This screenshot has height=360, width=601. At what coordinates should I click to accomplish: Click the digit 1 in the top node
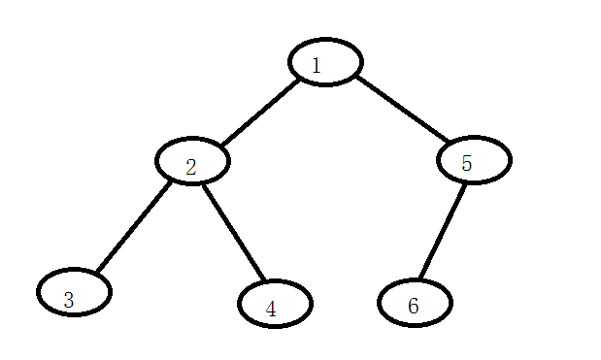[x=317, y=65]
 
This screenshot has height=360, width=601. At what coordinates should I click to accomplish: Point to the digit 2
[x=191, y=167]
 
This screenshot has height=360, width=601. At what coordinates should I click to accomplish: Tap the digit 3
[x=69, y=300]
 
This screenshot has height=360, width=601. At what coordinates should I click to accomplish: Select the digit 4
[x=271, y=309]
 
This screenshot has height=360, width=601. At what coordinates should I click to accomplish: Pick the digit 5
[x=466, y=164]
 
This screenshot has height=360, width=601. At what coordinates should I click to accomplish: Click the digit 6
[x=414, y=306]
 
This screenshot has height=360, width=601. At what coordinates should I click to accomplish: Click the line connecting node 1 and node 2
[x=260, y=113]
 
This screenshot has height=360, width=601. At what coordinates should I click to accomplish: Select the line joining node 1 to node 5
[x=402, y=109]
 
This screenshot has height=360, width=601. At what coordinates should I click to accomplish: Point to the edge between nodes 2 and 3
[x=134, y=227]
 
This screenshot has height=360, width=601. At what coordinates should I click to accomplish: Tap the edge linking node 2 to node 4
[x=233, y=233]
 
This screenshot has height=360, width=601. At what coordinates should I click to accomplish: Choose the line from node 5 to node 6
[x=443, y=232]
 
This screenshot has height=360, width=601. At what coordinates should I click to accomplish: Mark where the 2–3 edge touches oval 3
[x=98, y=271]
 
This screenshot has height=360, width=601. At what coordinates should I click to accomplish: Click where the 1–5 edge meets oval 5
[x=448, y=142]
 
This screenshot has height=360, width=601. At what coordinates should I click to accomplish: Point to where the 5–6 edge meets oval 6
[x=420, y=278]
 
